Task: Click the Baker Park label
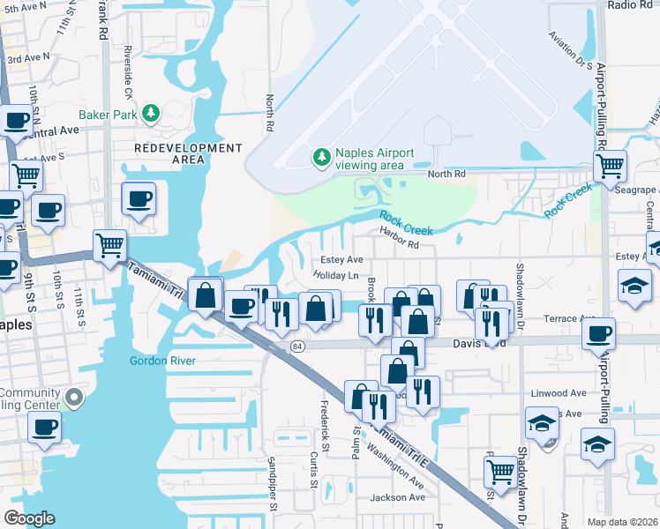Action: point(109,114)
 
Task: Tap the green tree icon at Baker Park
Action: point(151,113)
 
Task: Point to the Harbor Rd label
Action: point(399,232)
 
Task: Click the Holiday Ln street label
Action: point(334,275)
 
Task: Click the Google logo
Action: point(29,518)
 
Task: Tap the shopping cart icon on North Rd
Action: point(610,165)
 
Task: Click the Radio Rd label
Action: point(630,5)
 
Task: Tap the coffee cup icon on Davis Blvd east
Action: point(599,333)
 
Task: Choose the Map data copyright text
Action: point(621,521)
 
